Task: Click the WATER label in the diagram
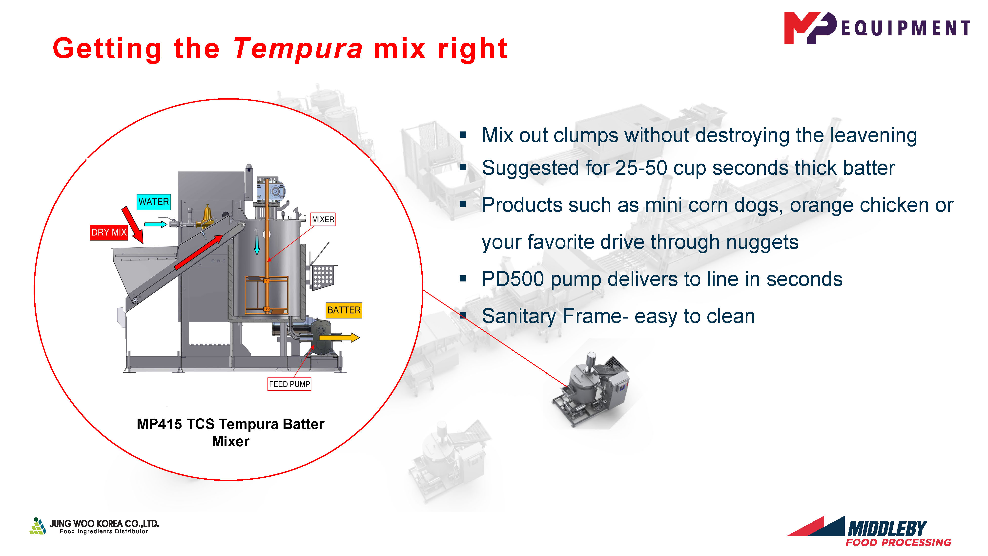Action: (153, 202)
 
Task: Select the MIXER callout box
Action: (323, 219)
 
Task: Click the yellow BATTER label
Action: (344, 310)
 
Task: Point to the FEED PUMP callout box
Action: (289, 384)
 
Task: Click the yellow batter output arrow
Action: (339, 338)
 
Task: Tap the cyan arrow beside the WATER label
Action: (156, 224)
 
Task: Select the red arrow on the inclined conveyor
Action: (199, 252)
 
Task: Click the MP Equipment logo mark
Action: (810, 28)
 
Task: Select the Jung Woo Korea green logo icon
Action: (38, 526)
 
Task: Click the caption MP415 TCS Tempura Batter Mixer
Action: (230, 432)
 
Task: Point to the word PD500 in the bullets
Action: (513, 279)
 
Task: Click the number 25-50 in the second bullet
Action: (641, 168)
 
